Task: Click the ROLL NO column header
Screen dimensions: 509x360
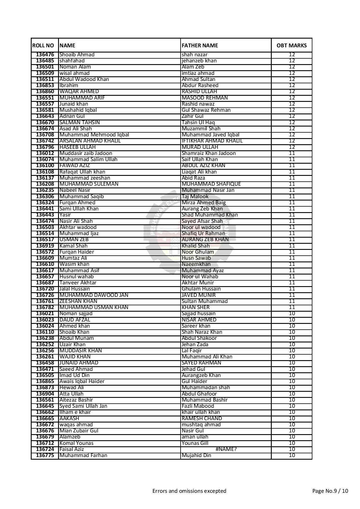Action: (x=43, y=45)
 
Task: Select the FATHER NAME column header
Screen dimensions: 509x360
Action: (x=200, y=45)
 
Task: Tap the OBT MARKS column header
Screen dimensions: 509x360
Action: (x=291, y=45)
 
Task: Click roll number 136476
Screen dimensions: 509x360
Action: (x=45, y=55)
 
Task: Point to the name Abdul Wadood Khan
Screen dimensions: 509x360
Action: (x=84, y=79)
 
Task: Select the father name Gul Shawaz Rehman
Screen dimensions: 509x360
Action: (x=206, y=110)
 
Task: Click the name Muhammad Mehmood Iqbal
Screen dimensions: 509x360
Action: (x=94, y=135)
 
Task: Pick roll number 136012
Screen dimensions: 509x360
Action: (x=45, y=153)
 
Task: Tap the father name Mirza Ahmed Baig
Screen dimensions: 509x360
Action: (x=204, y=203)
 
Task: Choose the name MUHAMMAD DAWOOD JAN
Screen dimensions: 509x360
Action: (x=94, y=295)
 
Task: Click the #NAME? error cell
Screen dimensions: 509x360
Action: (x=226, y=449)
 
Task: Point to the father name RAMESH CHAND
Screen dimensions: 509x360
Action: (x=202, y=418)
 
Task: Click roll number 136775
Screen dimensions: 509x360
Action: (x=45, y=455)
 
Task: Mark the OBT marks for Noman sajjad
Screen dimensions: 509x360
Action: (x=292, y=313)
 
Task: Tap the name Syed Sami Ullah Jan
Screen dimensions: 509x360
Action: (x=83, y=406)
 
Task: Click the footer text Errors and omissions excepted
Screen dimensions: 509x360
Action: (x=189, y=491)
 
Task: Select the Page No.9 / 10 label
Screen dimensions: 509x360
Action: (x=330, y=491)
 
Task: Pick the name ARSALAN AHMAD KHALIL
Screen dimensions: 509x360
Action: (x=90, y=141)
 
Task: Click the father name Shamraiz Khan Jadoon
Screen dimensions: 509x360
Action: (x=209, y=153)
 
